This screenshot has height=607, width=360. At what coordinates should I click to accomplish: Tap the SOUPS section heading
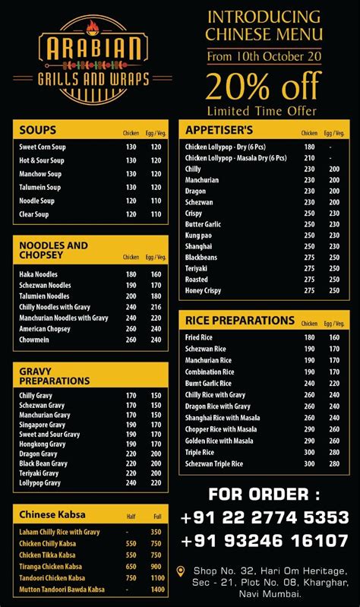coord(38,129)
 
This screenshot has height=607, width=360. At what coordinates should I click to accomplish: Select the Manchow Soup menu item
coord(40,174)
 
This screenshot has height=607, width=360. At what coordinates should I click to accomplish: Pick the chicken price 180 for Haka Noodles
coord(131,274)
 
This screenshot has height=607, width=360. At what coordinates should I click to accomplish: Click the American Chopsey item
coord(45,329)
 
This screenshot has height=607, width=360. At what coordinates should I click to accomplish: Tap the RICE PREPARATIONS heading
coord(229,321)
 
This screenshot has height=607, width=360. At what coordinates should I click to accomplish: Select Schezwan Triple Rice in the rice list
coord(214,463)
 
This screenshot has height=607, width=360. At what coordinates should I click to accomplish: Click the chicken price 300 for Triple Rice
coord(309,452)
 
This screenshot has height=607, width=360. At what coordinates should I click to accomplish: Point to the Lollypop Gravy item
coord(40,482)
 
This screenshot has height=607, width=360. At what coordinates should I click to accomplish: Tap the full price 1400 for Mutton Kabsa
coord(156,590)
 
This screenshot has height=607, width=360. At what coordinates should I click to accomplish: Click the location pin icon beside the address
coord(180,571)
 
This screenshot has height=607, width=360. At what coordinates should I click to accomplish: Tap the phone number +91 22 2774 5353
coord(264,518)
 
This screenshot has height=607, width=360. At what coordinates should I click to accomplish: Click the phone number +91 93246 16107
coord(264,541)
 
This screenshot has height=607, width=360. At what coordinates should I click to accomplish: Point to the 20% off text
coord(264,86)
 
